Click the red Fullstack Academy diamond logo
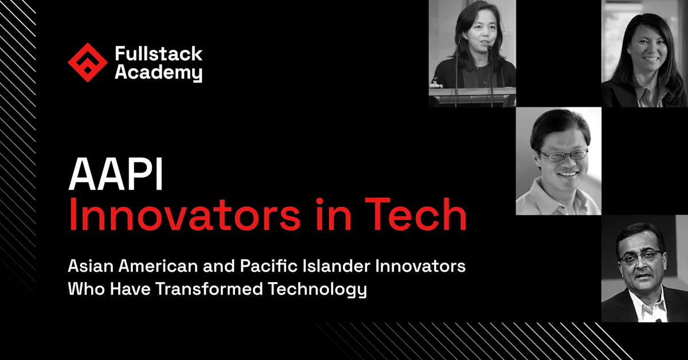click(88, 62)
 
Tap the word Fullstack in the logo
click(158, 54)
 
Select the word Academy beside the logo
click(158, 73)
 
